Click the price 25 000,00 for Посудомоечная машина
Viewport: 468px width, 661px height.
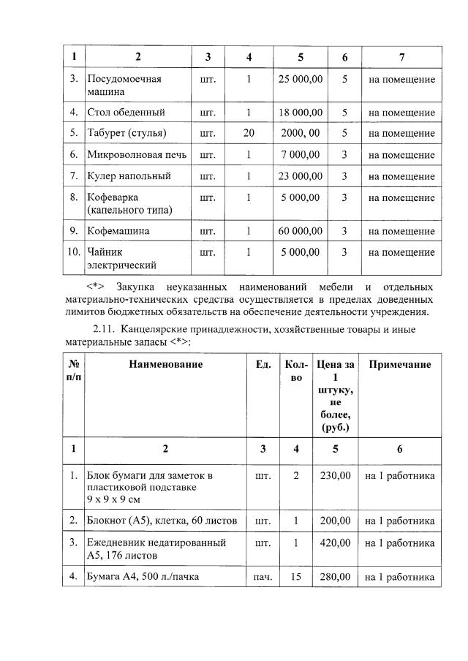coord(300,79)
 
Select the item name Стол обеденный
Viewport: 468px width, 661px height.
coord(126,113)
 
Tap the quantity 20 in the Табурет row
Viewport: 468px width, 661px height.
coord(249,133)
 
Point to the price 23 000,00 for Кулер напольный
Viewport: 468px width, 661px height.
coord(300,176)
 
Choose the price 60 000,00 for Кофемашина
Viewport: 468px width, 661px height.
coord(300,231)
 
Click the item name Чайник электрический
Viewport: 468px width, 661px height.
coord(121,259)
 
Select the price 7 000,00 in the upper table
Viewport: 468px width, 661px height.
coord(300,155)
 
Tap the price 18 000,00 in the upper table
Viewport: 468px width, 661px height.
coord(300,113)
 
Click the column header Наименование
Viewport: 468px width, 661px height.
coord(166,364)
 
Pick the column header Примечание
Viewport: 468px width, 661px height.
coord(399,364)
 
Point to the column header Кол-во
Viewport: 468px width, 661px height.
coord(296,371)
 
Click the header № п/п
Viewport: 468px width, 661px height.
coord(74,371)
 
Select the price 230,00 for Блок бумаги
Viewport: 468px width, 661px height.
coord(336,476)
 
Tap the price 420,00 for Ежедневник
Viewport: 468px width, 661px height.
coord(336,543)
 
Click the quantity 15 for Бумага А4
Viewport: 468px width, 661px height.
coord(296,577)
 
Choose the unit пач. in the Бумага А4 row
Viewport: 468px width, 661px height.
coord(263,578)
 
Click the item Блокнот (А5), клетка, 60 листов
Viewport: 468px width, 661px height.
coord(162,521)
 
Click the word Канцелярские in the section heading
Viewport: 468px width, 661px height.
coord(165,330)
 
